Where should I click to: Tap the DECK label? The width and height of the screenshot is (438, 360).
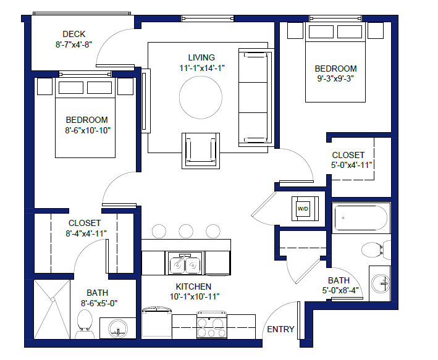tap(74, 34)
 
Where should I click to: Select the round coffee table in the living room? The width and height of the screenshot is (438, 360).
tap(201, 97)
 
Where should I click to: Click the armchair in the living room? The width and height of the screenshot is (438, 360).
tap(201, 151)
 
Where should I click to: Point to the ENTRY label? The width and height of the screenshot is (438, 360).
tap(280, 329)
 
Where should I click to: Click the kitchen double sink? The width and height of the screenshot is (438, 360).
tap(185, 264)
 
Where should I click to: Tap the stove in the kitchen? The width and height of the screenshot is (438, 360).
tap(212, 325)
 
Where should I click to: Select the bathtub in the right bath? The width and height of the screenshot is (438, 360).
tap(361, 218)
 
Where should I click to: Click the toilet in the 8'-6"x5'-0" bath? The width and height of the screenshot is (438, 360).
tap(84, 324)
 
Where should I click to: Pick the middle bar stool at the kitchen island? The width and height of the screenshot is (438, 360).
tap(186, 231)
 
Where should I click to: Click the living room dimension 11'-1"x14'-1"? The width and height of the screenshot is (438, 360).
tap(201, 68)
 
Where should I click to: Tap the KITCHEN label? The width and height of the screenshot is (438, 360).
tap(193, 287)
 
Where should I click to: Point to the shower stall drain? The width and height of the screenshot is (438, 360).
tap(53, 299)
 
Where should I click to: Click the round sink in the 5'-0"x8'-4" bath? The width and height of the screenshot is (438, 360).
tap(381, 283)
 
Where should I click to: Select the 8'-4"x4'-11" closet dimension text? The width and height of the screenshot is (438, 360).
tap(86, 233)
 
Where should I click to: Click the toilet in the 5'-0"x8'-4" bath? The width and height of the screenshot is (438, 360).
tap(376, 249)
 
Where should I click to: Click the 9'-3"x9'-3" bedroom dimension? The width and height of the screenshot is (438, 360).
tap(335, 78)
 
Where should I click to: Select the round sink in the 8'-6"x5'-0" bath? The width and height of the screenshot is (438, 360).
tap(118, 329)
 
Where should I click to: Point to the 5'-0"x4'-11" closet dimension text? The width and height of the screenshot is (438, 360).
tap(352, 165)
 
